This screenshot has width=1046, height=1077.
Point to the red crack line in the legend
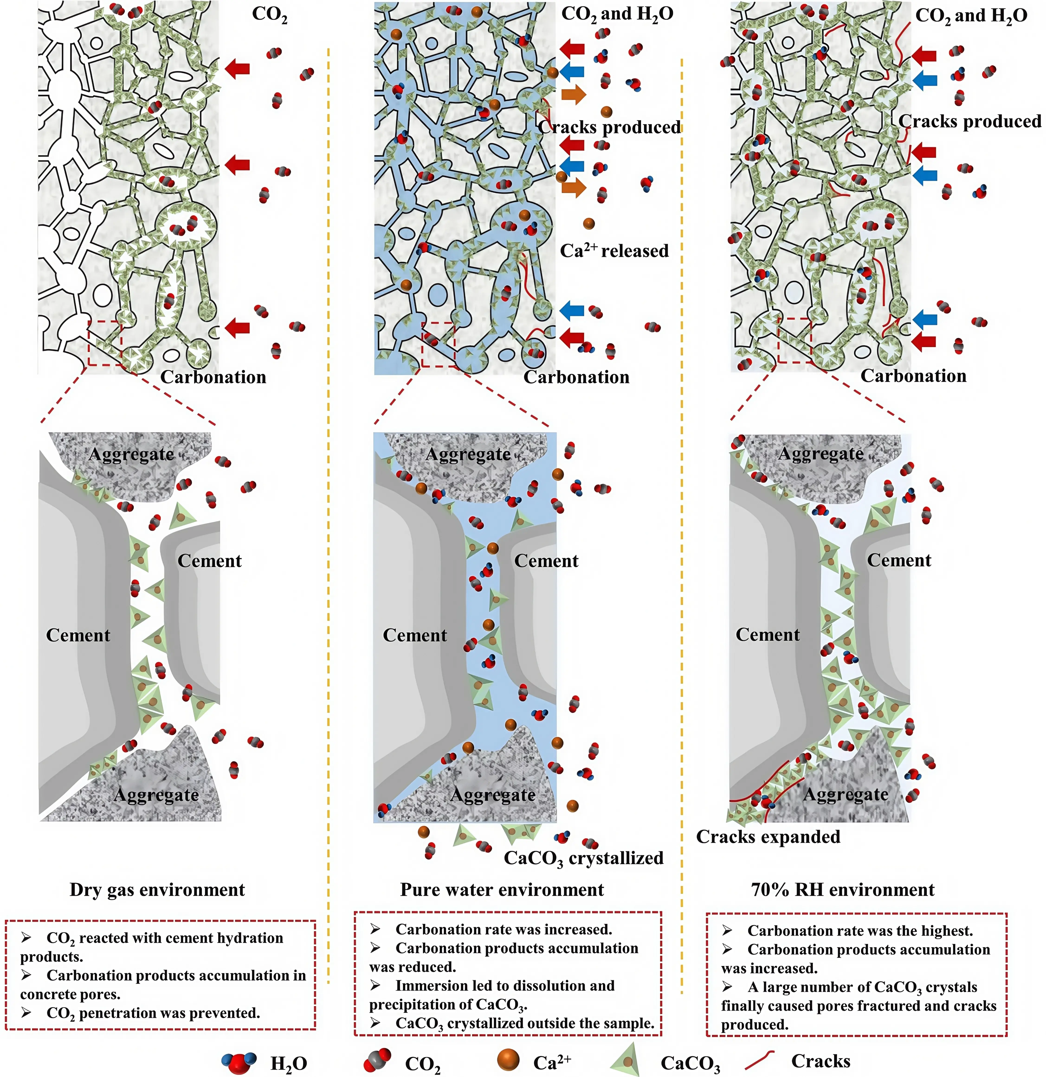(759, 1059)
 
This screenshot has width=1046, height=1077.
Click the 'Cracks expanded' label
(768, 836)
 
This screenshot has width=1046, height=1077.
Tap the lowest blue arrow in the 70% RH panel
(925, 319)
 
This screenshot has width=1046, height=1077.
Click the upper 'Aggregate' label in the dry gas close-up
(131, 454)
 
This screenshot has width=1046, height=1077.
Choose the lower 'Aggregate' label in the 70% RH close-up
(846, 795)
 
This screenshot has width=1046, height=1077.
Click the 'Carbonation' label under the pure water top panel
(576, 377)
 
